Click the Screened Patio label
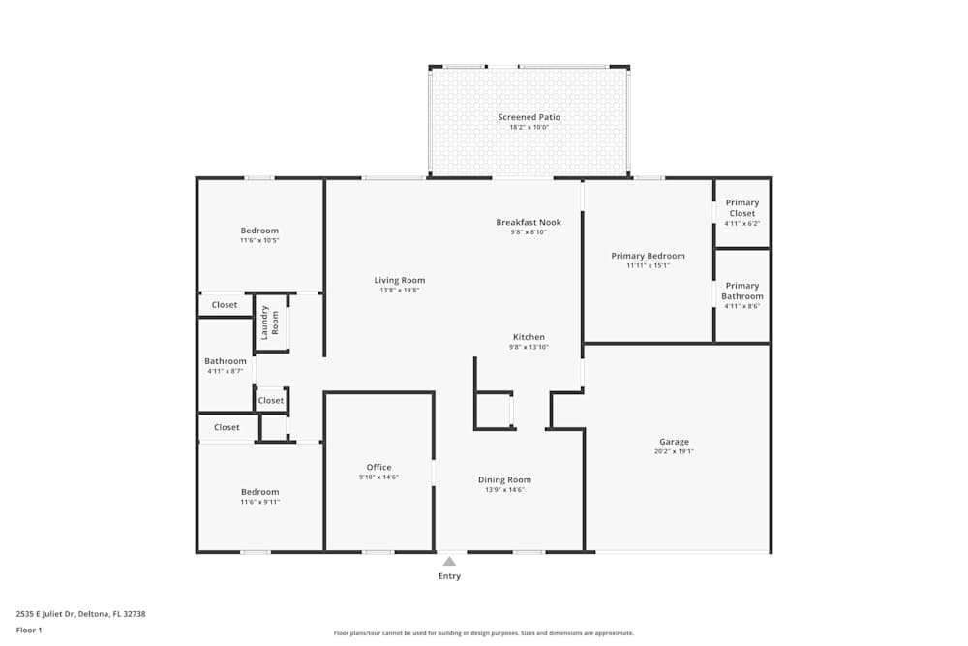coord(529,117)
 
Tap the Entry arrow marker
coord(449,561)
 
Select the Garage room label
coord(674,442)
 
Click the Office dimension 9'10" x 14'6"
coord(378,477)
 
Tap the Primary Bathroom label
coord(742,291)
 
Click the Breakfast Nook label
coord(529,222)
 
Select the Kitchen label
coord(529,337)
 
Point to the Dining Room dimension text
coord(504,490)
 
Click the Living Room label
coord(400,280)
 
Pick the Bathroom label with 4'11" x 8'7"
coord(226,361)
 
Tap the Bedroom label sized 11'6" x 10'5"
coord(259,231)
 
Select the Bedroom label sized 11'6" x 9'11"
coord(259,492)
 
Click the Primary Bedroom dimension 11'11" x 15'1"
coord(648,266)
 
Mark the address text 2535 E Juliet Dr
coord(80,614)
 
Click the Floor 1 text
coord(29,630)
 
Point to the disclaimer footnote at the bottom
coord(484,632)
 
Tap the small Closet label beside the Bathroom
coord(271,400)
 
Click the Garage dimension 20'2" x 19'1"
coord(674,452)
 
